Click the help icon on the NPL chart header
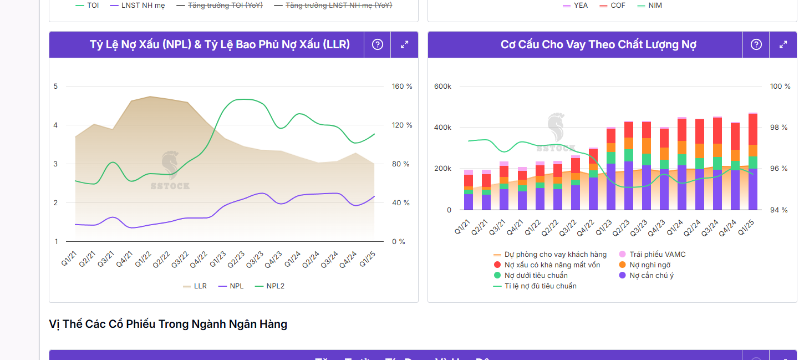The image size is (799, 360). click(x=378, y=45)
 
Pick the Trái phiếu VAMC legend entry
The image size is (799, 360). click(x=652, y=255)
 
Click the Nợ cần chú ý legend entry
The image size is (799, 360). click(x=646, y=276)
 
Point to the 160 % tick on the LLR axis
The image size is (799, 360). click(x=402, y=87)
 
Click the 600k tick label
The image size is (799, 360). click(x=442, y=87)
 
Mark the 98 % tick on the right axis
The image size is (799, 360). click(x=779, y=128)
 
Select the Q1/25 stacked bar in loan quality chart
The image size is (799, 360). click(x=753, y=161)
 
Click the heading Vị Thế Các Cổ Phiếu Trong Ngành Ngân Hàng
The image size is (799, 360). click(x=168, y=324)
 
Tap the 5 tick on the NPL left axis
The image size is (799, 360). click(x=55, y=87)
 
